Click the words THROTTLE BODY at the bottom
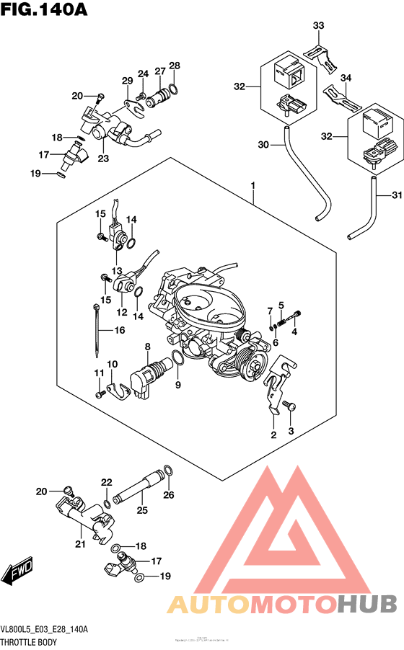pyautogui.click(x=29, y=641)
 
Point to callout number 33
pyautogui.click(x=318, y=27)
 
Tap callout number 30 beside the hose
pyautogui.click(x=263, y=145)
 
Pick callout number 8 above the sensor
pyautogui.click(x=147, y=347)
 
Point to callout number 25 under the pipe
pyautogui.click(x=141, y=509)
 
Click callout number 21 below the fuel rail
pyautogui.click(x=79, y=543)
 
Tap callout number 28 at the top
pyautogui.click(x=174, y=66)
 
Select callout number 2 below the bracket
pyautogui.click(x=273, y=435)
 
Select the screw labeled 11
pyautogui.click(x=98, y=395)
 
